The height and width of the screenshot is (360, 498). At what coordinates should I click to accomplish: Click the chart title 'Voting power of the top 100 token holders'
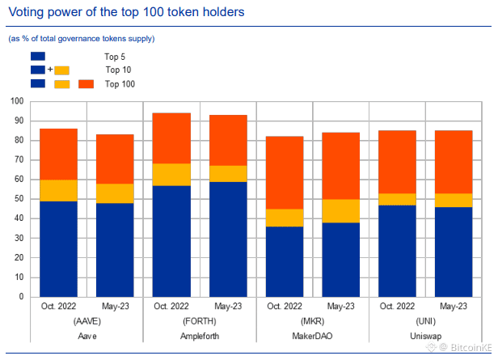point(125,13)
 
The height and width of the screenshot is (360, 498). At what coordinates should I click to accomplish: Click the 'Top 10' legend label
point(118,70)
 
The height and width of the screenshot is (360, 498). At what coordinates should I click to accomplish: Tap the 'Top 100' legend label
point(120,84)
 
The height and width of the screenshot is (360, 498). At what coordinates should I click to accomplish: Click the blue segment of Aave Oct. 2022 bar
point(58,248)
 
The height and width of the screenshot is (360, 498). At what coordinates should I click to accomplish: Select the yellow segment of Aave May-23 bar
point(115,193)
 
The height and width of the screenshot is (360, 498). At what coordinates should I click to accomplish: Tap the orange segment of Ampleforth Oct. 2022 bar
point(171,138)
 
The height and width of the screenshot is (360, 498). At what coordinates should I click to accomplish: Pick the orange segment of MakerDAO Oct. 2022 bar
point(285,172)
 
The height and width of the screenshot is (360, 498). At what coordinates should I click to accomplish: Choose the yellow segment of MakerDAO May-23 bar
point(340,210)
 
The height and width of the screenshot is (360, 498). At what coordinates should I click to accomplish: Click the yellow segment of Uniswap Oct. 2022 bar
point(397,199)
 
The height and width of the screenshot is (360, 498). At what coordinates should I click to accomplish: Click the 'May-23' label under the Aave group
point(115,307)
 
